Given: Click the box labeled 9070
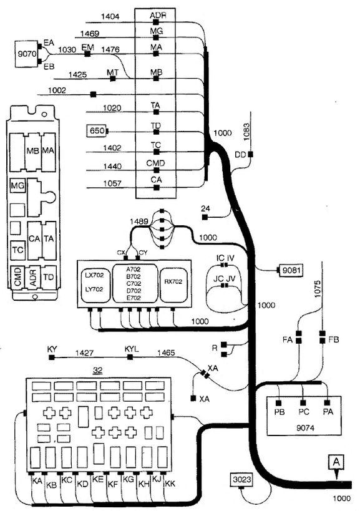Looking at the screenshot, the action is pos(27,54).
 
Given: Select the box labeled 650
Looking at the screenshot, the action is pos(97,131).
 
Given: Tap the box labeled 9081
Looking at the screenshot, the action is pos(291,270).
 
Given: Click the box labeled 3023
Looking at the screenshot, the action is pos(242,479).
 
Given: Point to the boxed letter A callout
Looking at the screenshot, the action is pos(336,462).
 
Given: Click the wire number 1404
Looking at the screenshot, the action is pos(110,16).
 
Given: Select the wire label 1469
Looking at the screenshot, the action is pos(90,34).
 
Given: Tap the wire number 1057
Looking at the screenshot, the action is pos(112,183).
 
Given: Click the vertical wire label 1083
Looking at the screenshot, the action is pos(246,132).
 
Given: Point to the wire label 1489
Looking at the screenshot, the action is pos(139,221).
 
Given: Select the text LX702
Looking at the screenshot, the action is pos(94,275).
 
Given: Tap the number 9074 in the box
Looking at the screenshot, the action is pos(305,427).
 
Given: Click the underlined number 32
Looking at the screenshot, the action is pos(97,371).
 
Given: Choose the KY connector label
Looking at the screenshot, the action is pos(52,349).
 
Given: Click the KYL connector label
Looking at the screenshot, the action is pos(132,349).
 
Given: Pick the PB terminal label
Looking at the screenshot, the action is pos(280,412).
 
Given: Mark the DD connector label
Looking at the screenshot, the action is pos(240,155).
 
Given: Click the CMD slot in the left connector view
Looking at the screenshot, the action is pos(18,276).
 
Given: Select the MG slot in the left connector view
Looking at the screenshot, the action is pos(17,186).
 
